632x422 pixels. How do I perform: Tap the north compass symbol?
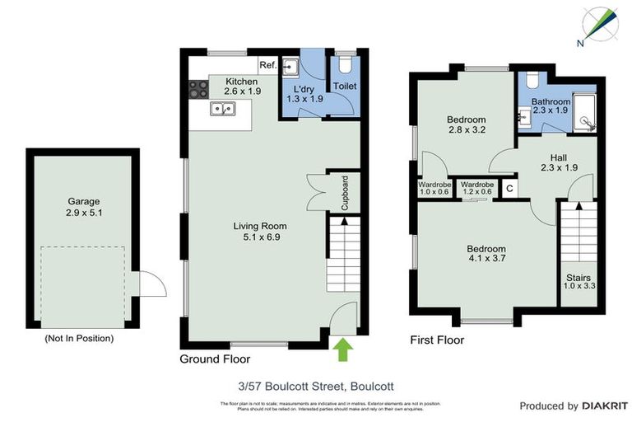(599, 24)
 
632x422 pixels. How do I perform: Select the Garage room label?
(84, 206)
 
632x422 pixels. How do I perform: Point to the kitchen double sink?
(221, 107)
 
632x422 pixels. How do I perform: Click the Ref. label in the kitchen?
(267, 65)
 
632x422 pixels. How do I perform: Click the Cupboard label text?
(346, 192)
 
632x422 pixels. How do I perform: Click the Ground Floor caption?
(215, 359)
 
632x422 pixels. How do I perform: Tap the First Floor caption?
(437, 340)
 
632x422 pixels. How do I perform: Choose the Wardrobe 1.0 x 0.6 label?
(434, 188)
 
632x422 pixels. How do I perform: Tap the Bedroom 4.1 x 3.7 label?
(487, 254)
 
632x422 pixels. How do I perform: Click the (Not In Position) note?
(79, 338)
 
